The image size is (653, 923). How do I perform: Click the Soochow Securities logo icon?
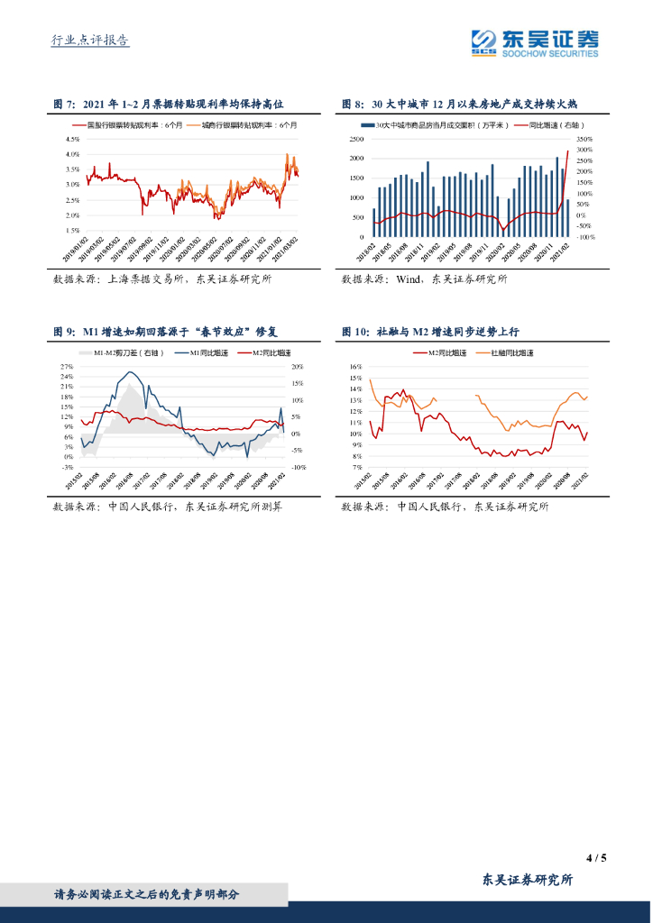tap(483, 41)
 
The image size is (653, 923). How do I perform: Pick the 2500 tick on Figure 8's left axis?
tap(356, 140)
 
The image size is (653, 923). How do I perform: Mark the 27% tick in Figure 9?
tap(67, 367)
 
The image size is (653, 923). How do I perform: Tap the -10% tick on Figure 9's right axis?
tap(299, 468)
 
